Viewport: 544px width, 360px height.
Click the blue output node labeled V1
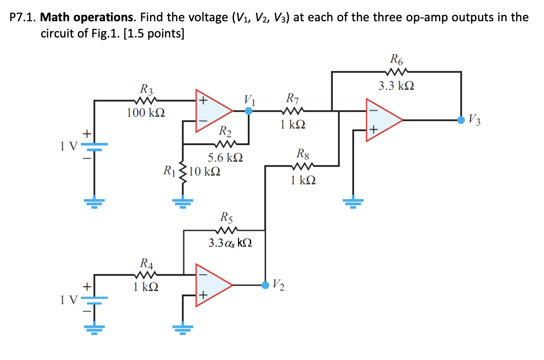pyautogui.click(x=249, y=111)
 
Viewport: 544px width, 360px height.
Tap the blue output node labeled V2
pyautogui.click(x=265, y=285)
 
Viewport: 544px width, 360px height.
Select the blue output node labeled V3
pyautogui.click(x=461, y=120)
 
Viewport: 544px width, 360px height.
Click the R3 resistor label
pyautogui.click(x=146, y=89)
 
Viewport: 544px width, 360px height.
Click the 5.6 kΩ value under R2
pyautogui.click(x=225, y=158)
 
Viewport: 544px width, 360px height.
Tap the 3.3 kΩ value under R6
pyautogui.click(x=396, y=86)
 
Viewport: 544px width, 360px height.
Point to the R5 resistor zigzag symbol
pyautogui.click(x=227, y=230)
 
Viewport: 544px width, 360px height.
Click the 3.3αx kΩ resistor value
pyautogui.click(x=230, y=243)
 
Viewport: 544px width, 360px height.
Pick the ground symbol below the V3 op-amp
pyautogui.click(x=353, y=202)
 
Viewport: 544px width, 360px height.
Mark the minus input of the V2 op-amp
pyautogui.click(x=204, y=275)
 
